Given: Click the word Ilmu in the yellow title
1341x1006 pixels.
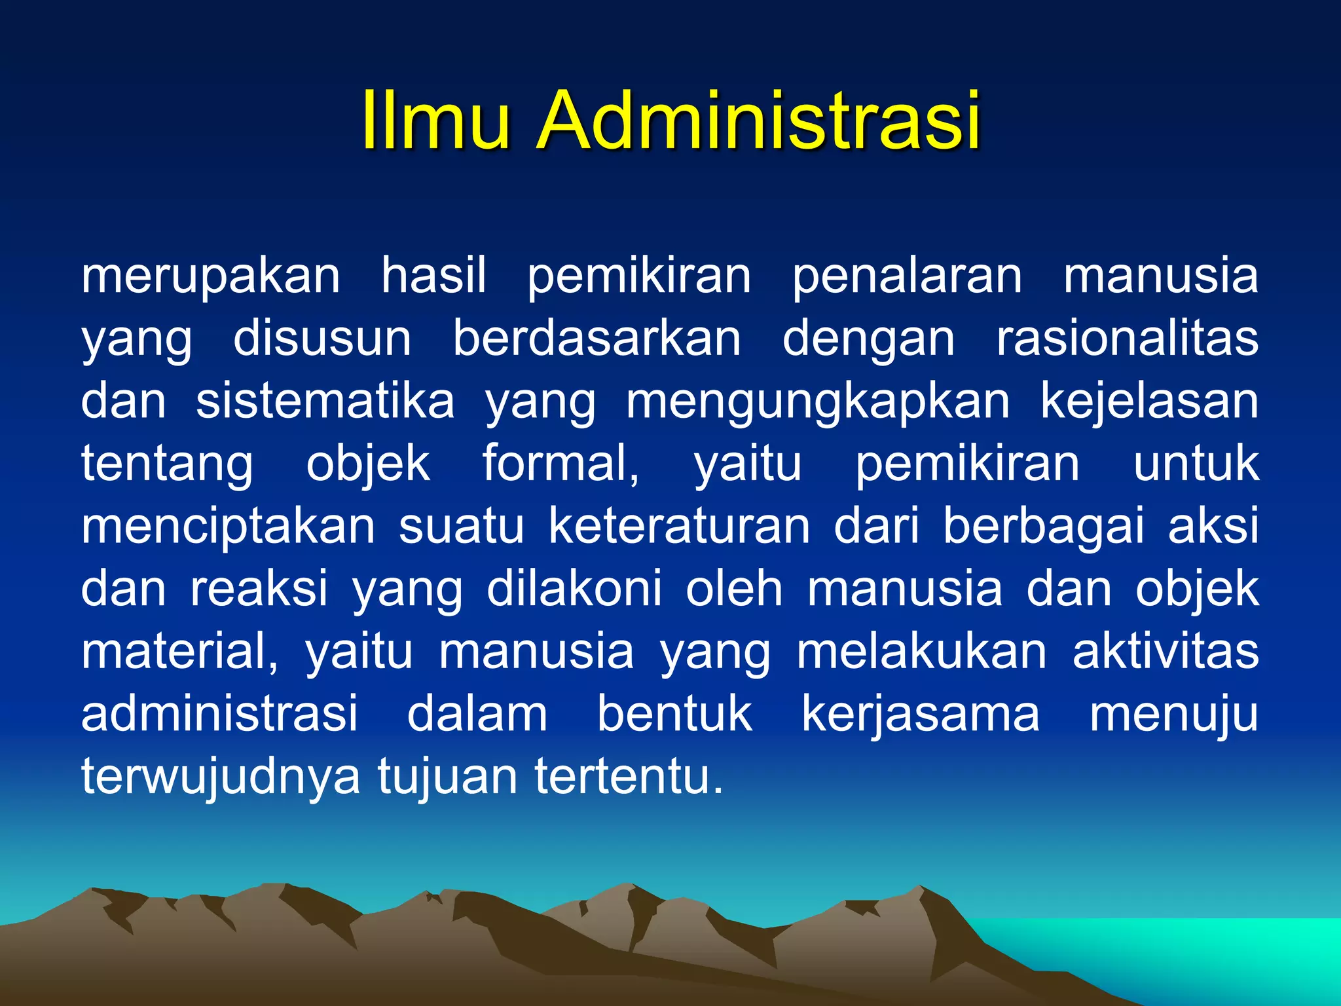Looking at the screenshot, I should (x=435, y=121).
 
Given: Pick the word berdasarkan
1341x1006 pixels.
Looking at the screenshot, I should (x=597, y=339).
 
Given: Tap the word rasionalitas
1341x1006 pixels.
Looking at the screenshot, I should (x=1127, y=339).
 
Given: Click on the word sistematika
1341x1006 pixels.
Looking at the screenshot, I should (x=325, y=401).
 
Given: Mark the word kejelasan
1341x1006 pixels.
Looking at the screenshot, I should (x=1149, y=402).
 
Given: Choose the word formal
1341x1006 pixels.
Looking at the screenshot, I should (x=560, y=464).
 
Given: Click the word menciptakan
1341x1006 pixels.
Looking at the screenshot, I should (x=229, y=528).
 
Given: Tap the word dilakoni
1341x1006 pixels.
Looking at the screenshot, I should (x=574, y=589).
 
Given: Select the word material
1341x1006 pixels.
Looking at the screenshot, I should (x=179, y=652).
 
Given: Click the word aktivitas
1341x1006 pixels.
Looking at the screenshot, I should (x=1166, y=652).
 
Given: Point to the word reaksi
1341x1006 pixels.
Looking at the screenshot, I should (x=259, y=589).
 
